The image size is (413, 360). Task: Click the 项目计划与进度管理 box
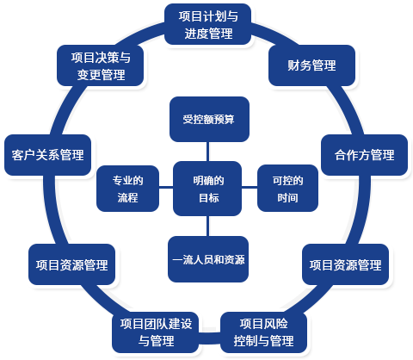(x=208, y=24)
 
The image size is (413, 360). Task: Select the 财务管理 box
(x=311, y=65)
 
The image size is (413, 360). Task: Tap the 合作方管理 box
(x=364, y=155)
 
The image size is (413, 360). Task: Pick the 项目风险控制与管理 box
(x=263, y=332)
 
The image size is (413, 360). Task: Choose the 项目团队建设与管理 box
(x=156, y=332)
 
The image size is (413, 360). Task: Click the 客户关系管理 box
(x=48, y=155)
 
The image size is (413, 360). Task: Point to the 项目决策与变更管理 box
(x=101, y=65)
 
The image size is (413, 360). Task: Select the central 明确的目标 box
(x=207, y=189)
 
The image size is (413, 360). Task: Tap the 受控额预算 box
(x=209, y=120)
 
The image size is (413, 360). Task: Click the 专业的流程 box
(x=127, y=189)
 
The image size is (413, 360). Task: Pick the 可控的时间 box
(x=287, y=189)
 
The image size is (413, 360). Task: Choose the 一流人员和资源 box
(x=208, y=259)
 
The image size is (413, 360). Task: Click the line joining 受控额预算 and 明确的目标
(x=207, y=152)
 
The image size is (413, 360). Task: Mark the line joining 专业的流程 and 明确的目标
(x=166, y=188)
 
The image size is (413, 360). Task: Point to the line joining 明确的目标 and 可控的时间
(x=250, y=188)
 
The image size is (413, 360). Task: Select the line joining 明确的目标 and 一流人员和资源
(x=207, y=227)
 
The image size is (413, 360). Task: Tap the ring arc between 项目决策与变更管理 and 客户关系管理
(x=64, y=109)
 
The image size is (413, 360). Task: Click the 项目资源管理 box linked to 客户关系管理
(x=71, y=264)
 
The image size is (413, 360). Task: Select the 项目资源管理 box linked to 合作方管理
(x=346, y=264)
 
